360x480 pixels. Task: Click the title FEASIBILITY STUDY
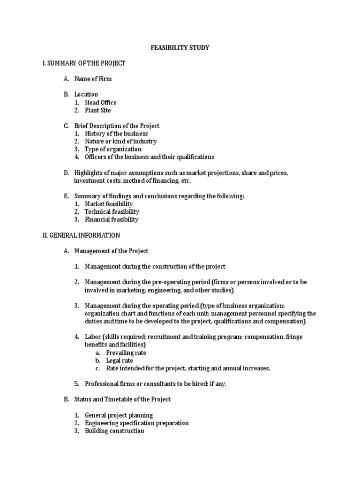click(180, 48)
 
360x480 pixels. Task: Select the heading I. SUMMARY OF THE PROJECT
click(84, 63)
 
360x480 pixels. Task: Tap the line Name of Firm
click(93, 79)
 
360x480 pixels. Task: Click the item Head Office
click(100, 103)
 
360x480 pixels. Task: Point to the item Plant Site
click(98, 111)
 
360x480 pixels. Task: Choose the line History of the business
click(116, 134)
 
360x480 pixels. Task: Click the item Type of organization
click(113, 149)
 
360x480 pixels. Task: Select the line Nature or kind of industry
click(120, 142)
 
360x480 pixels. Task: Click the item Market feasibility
click(109, 204)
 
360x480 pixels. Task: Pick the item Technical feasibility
click(112, 212)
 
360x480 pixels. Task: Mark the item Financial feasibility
click(112, 219)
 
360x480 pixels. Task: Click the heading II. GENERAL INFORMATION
click(81, 235)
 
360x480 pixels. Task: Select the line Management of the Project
click(111, 251)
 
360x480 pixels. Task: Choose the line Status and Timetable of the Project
click(122, 399)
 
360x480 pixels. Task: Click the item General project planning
click(119, 415)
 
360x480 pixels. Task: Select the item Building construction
click(114, 431)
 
